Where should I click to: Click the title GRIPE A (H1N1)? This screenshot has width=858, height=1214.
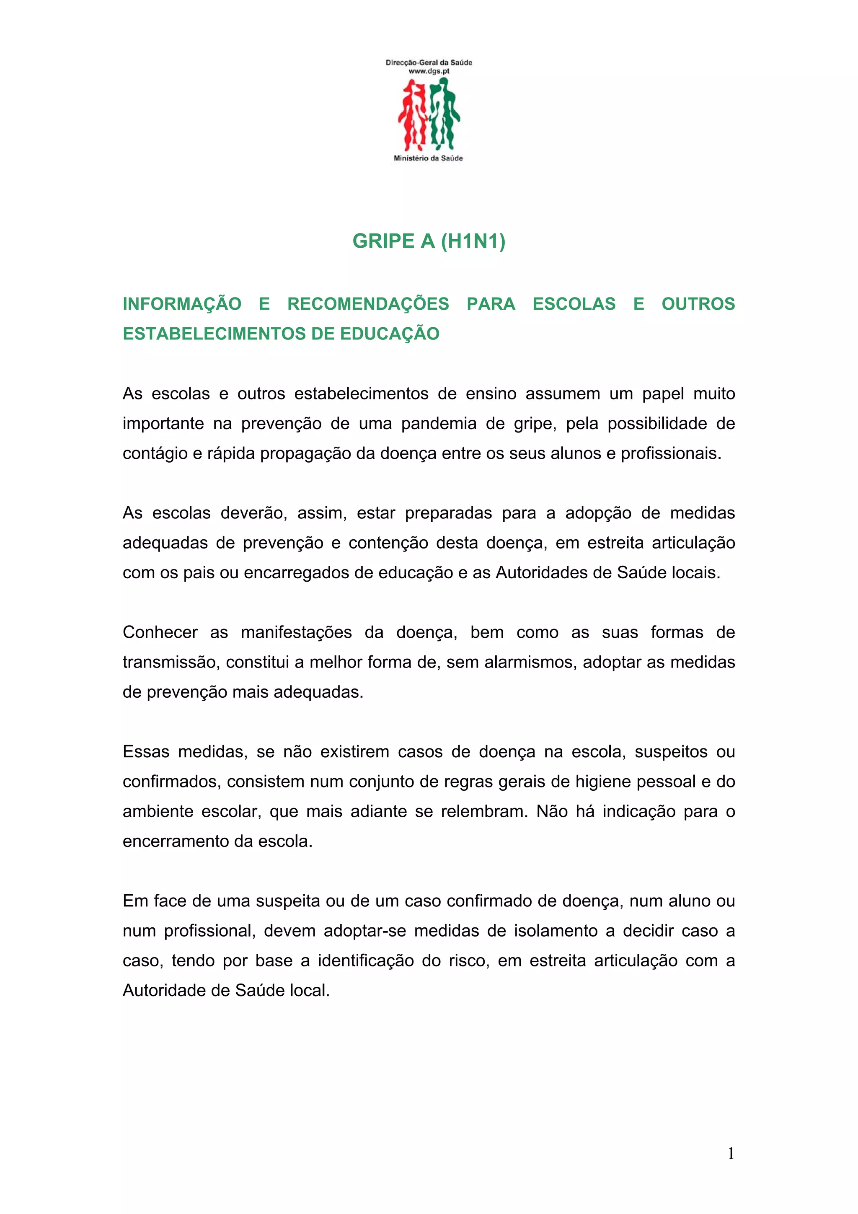[429, 241]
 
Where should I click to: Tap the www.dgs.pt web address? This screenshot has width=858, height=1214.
[429, 71]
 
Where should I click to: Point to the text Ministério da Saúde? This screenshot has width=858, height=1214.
[428, 158]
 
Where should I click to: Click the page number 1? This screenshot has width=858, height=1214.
[731, 1153]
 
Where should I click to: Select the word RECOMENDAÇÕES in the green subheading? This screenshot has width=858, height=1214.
[368, 304]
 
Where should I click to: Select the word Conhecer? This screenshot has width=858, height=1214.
[160, 632]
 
